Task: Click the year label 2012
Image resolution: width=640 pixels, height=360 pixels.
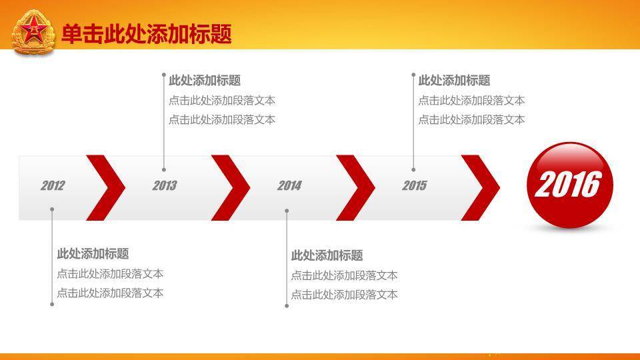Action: coord(53,186)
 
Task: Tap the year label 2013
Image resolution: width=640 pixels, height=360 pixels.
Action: coord(165,186)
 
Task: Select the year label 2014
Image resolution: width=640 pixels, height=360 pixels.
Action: coord(289,186)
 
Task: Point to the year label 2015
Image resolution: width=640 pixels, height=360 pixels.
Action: coord(414,186)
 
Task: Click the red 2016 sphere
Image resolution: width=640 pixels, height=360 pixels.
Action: coord(570,185)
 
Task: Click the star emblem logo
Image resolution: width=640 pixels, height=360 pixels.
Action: coord(33,33)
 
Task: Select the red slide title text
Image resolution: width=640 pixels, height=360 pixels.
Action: coord(147,34)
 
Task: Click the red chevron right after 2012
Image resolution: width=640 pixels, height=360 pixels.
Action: coord(106,188)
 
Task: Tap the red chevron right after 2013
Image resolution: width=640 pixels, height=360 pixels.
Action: coord(231,188)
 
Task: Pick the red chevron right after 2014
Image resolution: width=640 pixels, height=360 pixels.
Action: coord(355,188)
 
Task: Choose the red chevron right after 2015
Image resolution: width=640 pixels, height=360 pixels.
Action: coord(481,188)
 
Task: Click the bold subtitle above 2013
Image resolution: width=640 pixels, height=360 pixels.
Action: coord(205,81)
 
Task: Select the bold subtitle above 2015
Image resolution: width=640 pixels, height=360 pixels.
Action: coord(454,81)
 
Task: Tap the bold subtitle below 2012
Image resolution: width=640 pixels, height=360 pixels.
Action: coord(93,254)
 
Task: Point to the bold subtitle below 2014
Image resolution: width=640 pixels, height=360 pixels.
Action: coord(327,255)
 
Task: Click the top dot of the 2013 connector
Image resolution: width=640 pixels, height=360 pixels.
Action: coord(164,75)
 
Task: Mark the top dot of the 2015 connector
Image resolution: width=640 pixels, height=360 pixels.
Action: coord(413,75)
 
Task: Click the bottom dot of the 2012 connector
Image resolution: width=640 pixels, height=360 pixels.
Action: coord(52,304)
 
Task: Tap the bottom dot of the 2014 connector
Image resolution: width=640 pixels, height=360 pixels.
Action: coord(287,306)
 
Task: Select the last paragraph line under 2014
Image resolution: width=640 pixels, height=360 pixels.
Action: coord(344,295)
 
